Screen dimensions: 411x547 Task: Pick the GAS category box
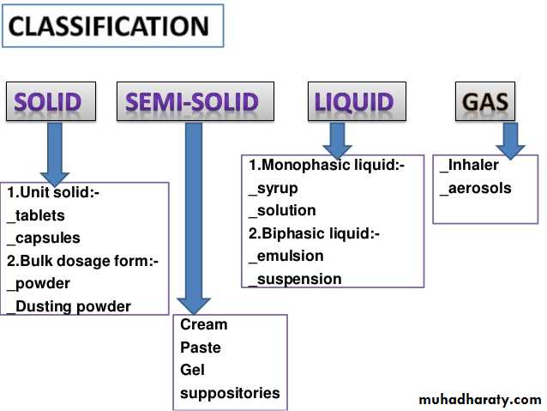pyautogui.click(x=484, y=103)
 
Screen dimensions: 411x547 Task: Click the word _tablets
pyautogui.click(x=36, y=215)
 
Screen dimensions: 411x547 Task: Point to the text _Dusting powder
pyautogui.click(x=69, y=306)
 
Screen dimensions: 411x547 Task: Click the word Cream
pyautogui.click(x=204, y=324)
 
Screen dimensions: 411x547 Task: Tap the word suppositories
pyautogui.click(x=230, y=393)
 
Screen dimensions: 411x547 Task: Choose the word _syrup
pyautogui.click(x=272, y=188)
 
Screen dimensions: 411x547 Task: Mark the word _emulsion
pyautogui.click(x=286, y=256)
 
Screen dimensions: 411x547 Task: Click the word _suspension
pyautogui.click(x=294, y=279)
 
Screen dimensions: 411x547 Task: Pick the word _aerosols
pyautogui.click(x=475, y=188)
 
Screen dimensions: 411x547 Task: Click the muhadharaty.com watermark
pyautogui.click(x=480, y=399)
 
